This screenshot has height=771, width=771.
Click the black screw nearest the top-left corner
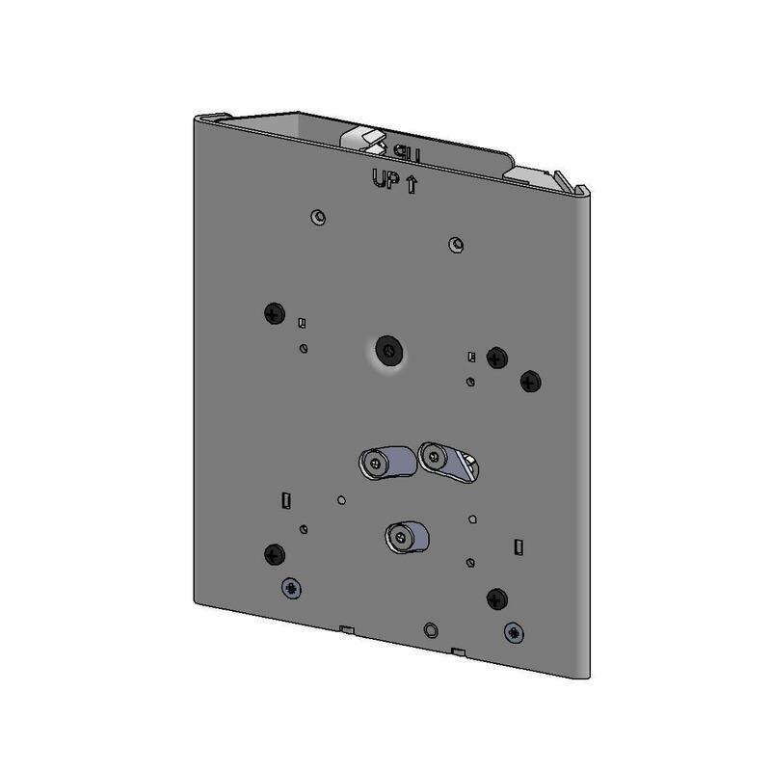[x=274, y=313]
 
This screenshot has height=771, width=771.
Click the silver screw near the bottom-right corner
[x=516, y=633]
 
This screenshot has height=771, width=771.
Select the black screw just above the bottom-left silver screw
[x=273, y=553]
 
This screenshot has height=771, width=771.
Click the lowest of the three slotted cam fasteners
[x=406, y=535]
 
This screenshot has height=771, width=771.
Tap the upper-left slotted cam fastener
[x=379, y=462]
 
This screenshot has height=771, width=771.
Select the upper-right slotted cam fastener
[x=442, y=458]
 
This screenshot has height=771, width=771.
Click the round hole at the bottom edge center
[x=431, y=628]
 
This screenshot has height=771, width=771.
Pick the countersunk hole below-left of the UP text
[x=317, y=216]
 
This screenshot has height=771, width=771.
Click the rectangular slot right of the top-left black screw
[x=302, y=323]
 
